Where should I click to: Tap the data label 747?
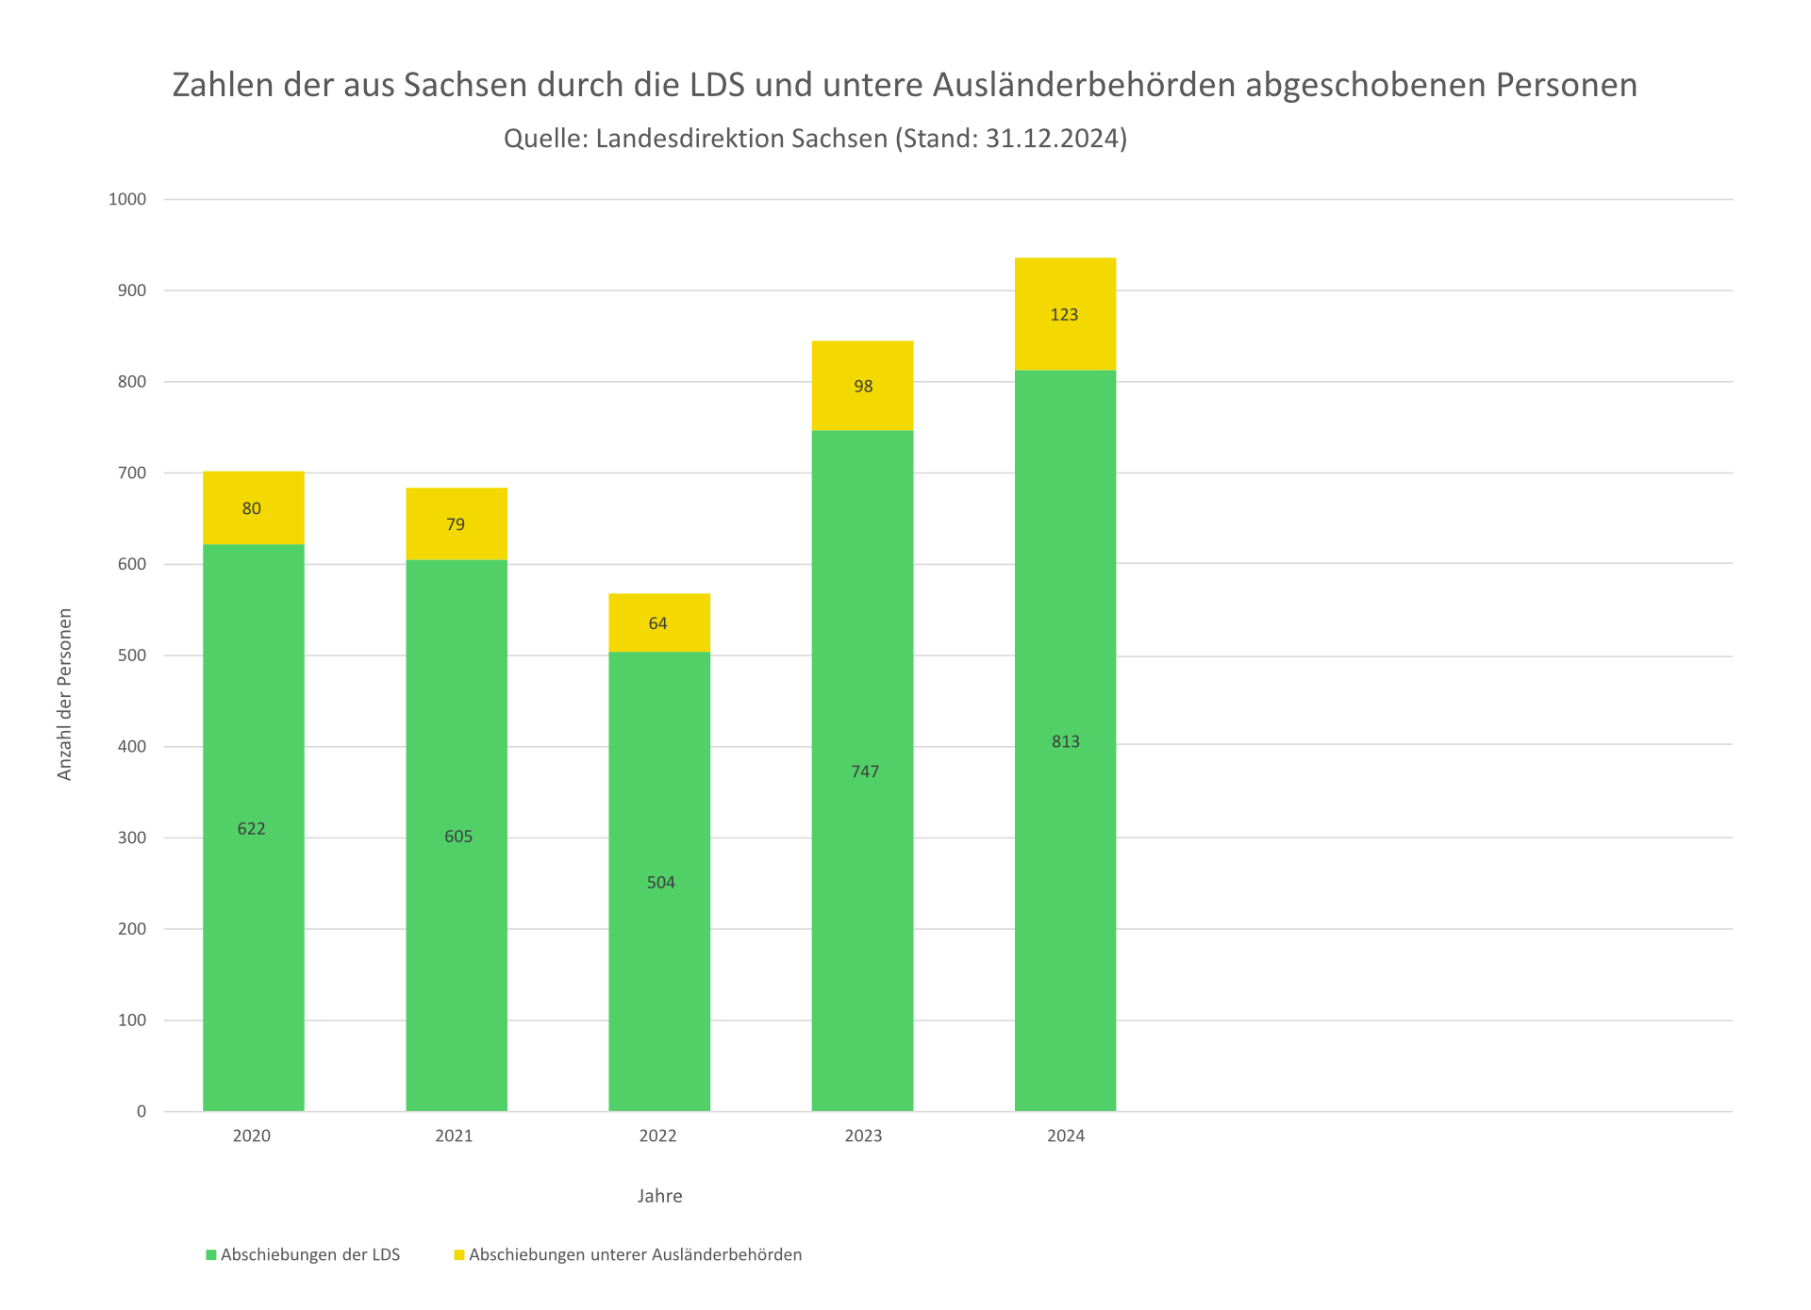865,771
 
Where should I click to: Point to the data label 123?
1064,315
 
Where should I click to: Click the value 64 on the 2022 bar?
658,623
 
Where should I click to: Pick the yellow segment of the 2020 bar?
254,528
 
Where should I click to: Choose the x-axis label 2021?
454,1136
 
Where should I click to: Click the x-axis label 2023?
863,1136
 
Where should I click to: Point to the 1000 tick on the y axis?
127,199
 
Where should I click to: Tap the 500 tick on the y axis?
131,655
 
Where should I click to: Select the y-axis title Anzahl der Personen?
65,694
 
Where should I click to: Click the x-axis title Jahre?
659,1196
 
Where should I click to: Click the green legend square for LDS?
211,1255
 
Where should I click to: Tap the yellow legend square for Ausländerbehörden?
459,1255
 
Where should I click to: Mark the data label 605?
458,837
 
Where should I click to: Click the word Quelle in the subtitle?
544,139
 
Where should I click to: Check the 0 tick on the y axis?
141,1111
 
